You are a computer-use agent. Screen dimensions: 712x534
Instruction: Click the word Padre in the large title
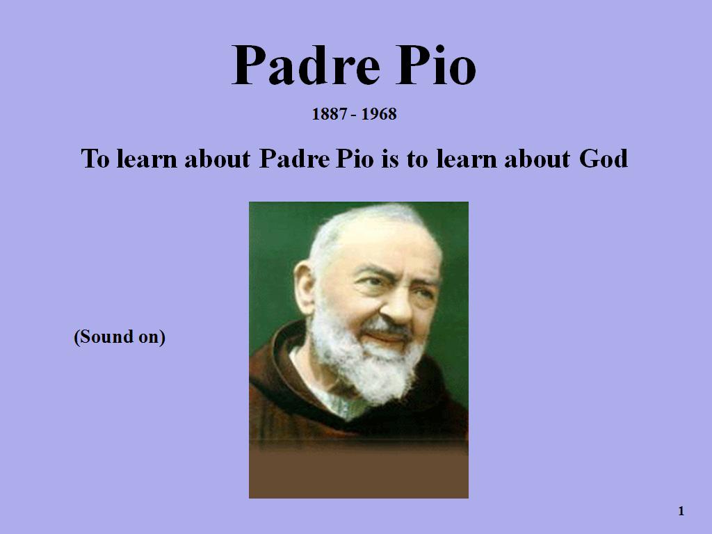tap(306, 65)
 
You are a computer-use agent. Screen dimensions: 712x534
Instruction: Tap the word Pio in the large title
tap(436, 65)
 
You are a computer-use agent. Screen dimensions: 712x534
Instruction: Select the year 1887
tap(329, 114)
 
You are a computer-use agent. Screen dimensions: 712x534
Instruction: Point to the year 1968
tap(379, 114)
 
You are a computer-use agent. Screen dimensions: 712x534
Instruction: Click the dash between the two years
tap(354, 115)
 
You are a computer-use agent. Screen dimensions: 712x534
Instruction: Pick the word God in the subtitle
tap(604, 159)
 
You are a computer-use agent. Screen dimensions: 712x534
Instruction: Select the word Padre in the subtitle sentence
tap(294, 159)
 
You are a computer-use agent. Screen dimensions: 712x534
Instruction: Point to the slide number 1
tap(681, 511)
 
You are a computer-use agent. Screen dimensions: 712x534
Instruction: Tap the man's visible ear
tap(305, 286)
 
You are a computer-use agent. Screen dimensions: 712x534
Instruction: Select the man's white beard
tap(367, 363)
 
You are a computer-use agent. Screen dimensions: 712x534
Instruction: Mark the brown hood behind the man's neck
tap(277, 363)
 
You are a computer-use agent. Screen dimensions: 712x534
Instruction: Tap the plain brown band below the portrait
tap(359, 474)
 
